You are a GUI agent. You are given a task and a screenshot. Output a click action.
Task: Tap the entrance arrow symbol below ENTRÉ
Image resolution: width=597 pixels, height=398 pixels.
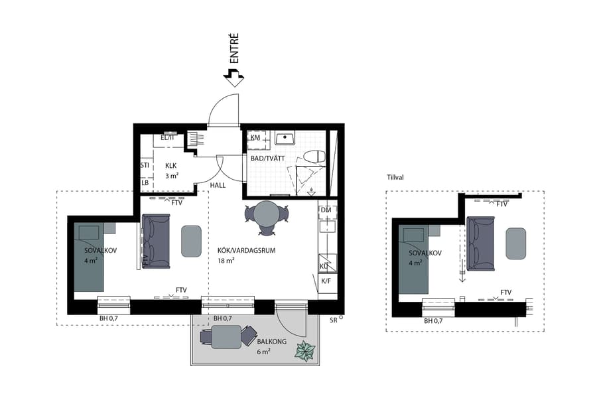point(233,76)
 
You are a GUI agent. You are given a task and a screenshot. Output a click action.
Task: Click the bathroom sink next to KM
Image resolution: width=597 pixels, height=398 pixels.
point(285,139)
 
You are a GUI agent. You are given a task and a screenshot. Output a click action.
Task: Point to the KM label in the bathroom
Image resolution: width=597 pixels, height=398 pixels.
point(255,138)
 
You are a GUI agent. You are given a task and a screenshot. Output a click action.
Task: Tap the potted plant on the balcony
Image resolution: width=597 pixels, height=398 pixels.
point(306,351)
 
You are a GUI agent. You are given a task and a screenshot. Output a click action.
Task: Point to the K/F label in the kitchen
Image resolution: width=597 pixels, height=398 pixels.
point(326,281)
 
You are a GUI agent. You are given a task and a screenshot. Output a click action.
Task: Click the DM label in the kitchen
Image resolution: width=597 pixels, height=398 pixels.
point(325,210)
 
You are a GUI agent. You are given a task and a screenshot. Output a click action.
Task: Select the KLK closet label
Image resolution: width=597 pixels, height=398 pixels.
point(171,166)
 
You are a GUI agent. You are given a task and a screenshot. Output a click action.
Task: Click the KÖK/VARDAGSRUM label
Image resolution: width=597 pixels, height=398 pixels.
point(245,251)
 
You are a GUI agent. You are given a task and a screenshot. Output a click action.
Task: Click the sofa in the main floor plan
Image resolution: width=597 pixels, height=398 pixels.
point(156,241)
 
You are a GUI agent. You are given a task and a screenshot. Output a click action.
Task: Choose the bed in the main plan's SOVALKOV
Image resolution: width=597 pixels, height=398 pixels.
point(87,259)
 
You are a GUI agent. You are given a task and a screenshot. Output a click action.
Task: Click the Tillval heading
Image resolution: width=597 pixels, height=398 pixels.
point(395,177)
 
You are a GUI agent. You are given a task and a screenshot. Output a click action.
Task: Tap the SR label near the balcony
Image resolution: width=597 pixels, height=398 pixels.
point(333,320)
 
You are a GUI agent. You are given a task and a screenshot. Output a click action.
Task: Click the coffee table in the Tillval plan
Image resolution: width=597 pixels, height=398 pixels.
point(516,243)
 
